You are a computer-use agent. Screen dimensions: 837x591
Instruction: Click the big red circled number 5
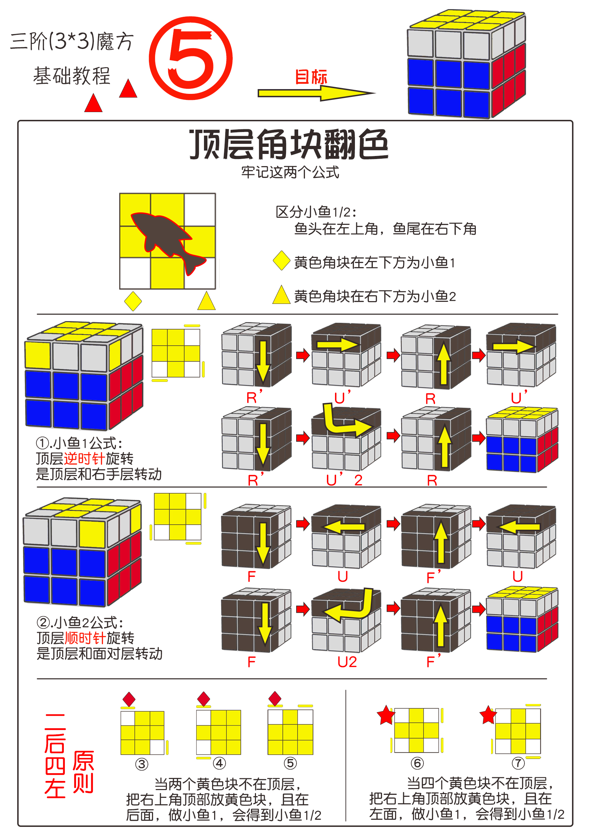(191, 58)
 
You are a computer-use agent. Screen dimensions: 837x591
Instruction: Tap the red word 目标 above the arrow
(311, 77)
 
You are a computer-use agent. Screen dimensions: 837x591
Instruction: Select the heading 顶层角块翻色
(289, 145)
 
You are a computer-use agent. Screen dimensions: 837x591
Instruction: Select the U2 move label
(347, 662)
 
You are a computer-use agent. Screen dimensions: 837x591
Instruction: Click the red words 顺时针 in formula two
(85, 638)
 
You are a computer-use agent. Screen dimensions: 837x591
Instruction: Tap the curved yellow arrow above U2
(350, 607)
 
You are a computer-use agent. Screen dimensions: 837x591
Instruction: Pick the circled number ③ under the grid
(142, 764)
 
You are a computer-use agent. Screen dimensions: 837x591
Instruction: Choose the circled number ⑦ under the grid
(518, 763)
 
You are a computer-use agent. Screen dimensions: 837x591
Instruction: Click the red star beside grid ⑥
(386, 715)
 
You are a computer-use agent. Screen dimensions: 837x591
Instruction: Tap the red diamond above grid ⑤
(275, 699)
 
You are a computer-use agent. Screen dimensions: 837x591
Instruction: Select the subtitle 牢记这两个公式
(290, 173)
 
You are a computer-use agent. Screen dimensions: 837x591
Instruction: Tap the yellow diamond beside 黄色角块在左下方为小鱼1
(281, 261)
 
